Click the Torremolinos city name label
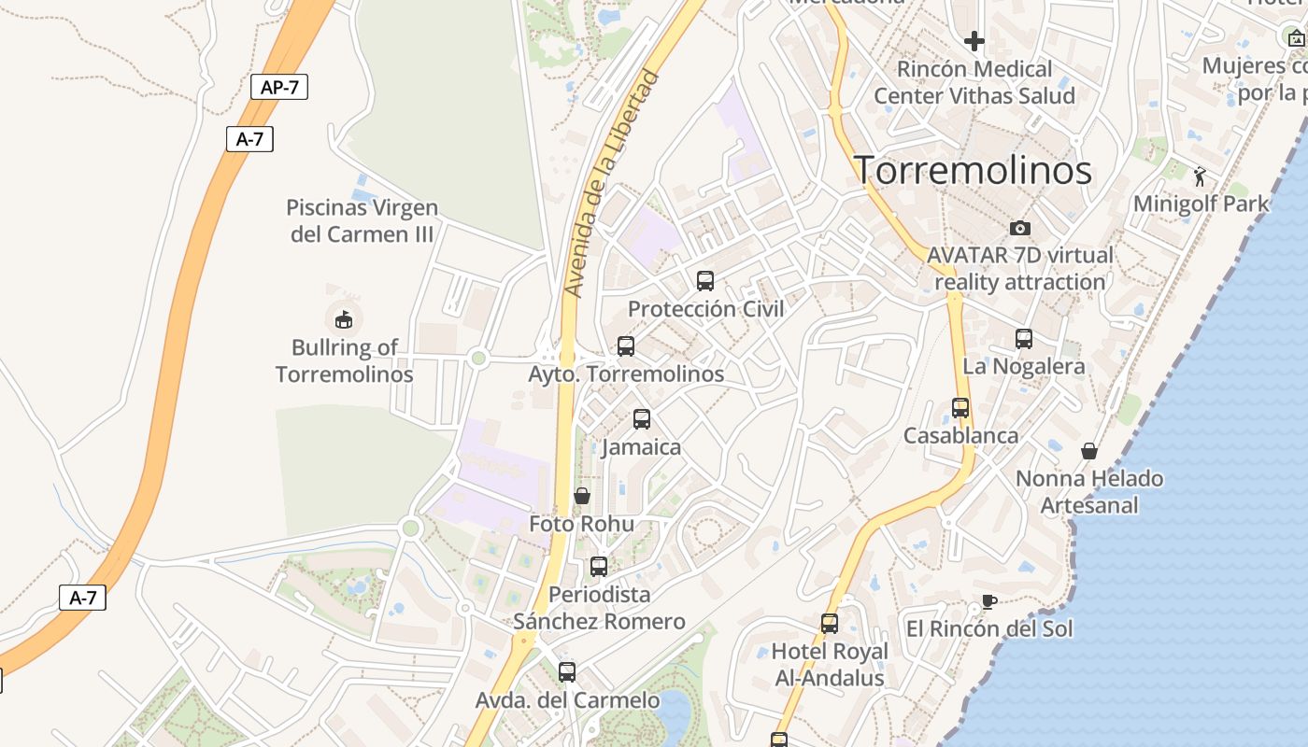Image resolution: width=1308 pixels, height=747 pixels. click(x=974, y=170)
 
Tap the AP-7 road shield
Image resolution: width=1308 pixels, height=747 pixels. click(x=279, y=88)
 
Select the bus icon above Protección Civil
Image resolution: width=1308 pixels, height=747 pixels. click(x=705, y=280)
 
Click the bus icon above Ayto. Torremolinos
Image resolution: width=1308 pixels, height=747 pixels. click(x=626, y=346)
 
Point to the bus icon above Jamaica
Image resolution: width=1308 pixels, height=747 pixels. click(x=642, y=419)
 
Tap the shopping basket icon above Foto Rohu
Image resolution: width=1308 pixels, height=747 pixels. click(x=582, y=496)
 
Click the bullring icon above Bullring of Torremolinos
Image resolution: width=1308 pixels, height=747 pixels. click(x=344, y=319)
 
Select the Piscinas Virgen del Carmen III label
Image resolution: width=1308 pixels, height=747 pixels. click(x=363, y=220)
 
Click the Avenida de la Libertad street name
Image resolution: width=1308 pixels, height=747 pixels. click(x=614, y=185)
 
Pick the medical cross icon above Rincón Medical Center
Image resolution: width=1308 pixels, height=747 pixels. click(x=974, y=41)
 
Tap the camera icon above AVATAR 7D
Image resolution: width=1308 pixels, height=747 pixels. click(x=1020, y=228)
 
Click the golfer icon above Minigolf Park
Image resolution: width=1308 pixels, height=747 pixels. click(x=1201, y=176)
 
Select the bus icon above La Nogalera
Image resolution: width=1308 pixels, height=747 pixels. click(x=1024, y=339)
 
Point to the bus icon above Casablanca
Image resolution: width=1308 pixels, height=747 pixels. click(x=960, y=408)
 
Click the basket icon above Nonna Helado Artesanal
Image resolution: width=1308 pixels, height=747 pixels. click(x=1089, y=451)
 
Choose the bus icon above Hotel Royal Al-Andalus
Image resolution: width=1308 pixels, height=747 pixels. click(x=830, y=624)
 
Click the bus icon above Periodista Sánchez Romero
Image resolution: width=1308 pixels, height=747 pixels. click(x=599, y=567)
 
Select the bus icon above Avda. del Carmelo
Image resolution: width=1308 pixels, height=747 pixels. click(x=567, y=672)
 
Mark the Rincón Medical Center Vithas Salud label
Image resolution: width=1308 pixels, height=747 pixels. click(x=974, y=82)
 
